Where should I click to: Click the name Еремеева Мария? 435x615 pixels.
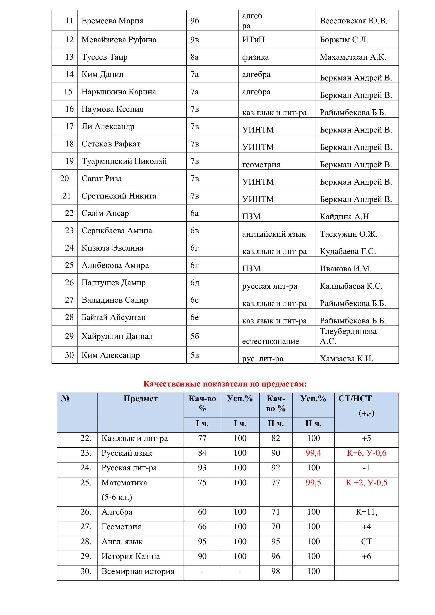click(112, 21)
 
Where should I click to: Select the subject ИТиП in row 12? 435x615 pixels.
click(253, 40)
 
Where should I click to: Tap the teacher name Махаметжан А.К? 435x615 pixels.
click(353, 57)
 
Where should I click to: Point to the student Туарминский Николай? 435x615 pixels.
click(124, 161)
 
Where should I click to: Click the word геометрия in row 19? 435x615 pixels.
click(261, 164)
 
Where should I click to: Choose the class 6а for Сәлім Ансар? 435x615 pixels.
click(194, 213)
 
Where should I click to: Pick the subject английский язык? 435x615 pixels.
click(274, 234)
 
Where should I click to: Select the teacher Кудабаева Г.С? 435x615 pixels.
click(348, 252)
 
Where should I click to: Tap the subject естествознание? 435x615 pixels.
click(271, 341)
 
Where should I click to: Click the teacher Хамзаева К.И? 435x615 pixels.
click(346, 359)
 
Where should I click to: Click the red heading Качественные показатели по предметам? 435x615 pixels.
click(225, 384)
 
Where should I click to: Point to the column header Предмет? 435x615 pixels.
click(141, 399)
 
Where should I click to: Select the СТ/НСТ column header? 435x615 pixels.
click(355, 399)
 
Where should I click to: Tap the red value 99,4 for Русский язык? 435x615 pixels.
click(313, 453)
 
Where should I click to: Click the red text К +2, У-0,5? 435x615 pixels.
click(366, 483)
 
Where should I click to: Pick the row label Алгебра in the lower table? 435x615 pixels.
click(117, 512)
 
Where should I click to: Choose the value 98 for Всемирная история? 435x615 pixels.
click(275, 571)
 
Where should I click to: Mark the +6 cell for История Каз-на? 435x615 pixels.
click(366, 556)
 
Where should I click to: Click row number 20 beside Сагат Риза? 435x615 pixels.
click(64, 178)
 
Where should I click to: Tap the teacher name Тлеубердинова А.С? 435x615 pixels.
click(348, 336)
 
